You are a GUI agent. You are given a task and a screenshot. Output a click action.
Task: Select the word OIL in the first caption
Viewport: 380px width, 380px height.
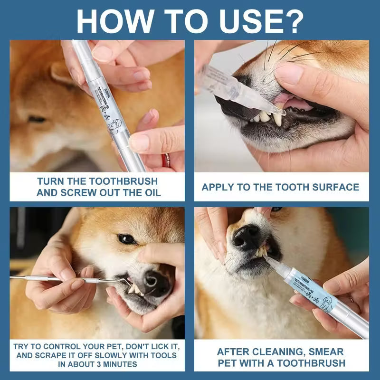(152, 192)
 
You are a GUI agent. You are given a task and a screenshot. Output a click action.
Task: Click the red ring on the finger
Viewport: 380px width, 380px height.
(166, 160)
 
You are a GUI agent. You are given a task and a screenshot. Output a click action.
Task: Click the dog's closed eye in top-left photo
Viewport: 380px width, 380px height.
(36, 119)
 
